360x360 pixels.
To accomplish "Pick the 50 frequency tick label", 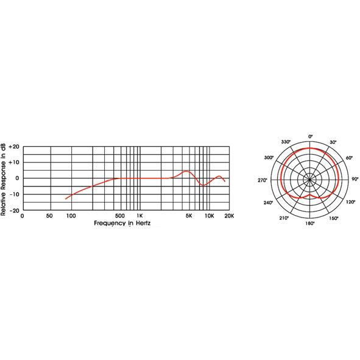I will point(50,216).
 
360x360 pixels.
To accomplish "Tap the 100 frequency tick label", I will point(71,216).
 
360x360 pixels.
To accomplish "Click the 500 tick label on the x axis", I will point(120,216).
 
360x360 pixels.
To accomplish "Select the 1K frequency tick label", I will point(139,216).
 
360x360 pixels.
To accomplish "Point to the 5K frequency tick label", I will point(189,216).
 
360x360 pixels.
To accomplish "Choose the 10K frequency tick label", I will point(209,216).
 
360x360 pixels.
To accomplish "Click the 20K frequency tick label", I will point(229,216).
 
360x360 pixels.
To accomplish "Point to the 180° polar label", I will point(310,224).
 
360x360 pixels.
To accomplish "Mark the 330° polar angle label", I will point(286,141).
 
